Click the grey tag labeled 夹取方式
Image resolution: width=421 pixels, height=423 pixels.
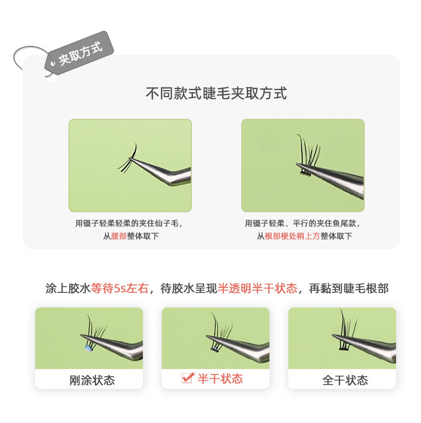pos(80,51)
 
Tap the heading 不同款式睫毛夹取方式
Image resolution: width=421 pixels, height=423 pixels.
pos(216,93)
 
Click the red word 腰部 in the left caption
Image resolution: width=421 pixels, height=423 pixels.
pos(119,236)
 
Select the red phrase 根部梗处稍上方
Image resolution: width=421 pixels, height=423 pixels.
pos(292,236)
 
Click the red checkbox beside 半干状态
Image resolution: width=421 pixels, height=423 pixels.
pos(187,378)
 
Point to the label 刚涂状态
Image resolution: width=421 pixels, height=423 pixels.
pos(92,380)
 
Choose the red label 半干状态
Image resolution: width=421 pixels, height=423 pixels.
pos(220,379)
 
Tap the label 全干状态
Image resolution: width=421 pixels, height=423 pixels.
pos(345,380)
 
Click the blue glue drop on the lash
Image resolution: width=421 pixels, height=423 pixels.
pos(88,348)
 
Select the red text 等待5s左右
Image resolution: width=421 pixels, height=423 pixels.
pos(113,289)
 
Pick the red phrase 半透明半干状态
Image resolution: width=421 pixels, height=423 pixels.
pos(257,289)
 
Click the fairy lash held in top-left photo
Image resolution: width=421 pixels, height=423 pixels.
pos(129,158)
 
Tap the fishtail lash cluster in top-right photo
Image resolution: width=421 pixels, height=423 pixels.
pos(307,155)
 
